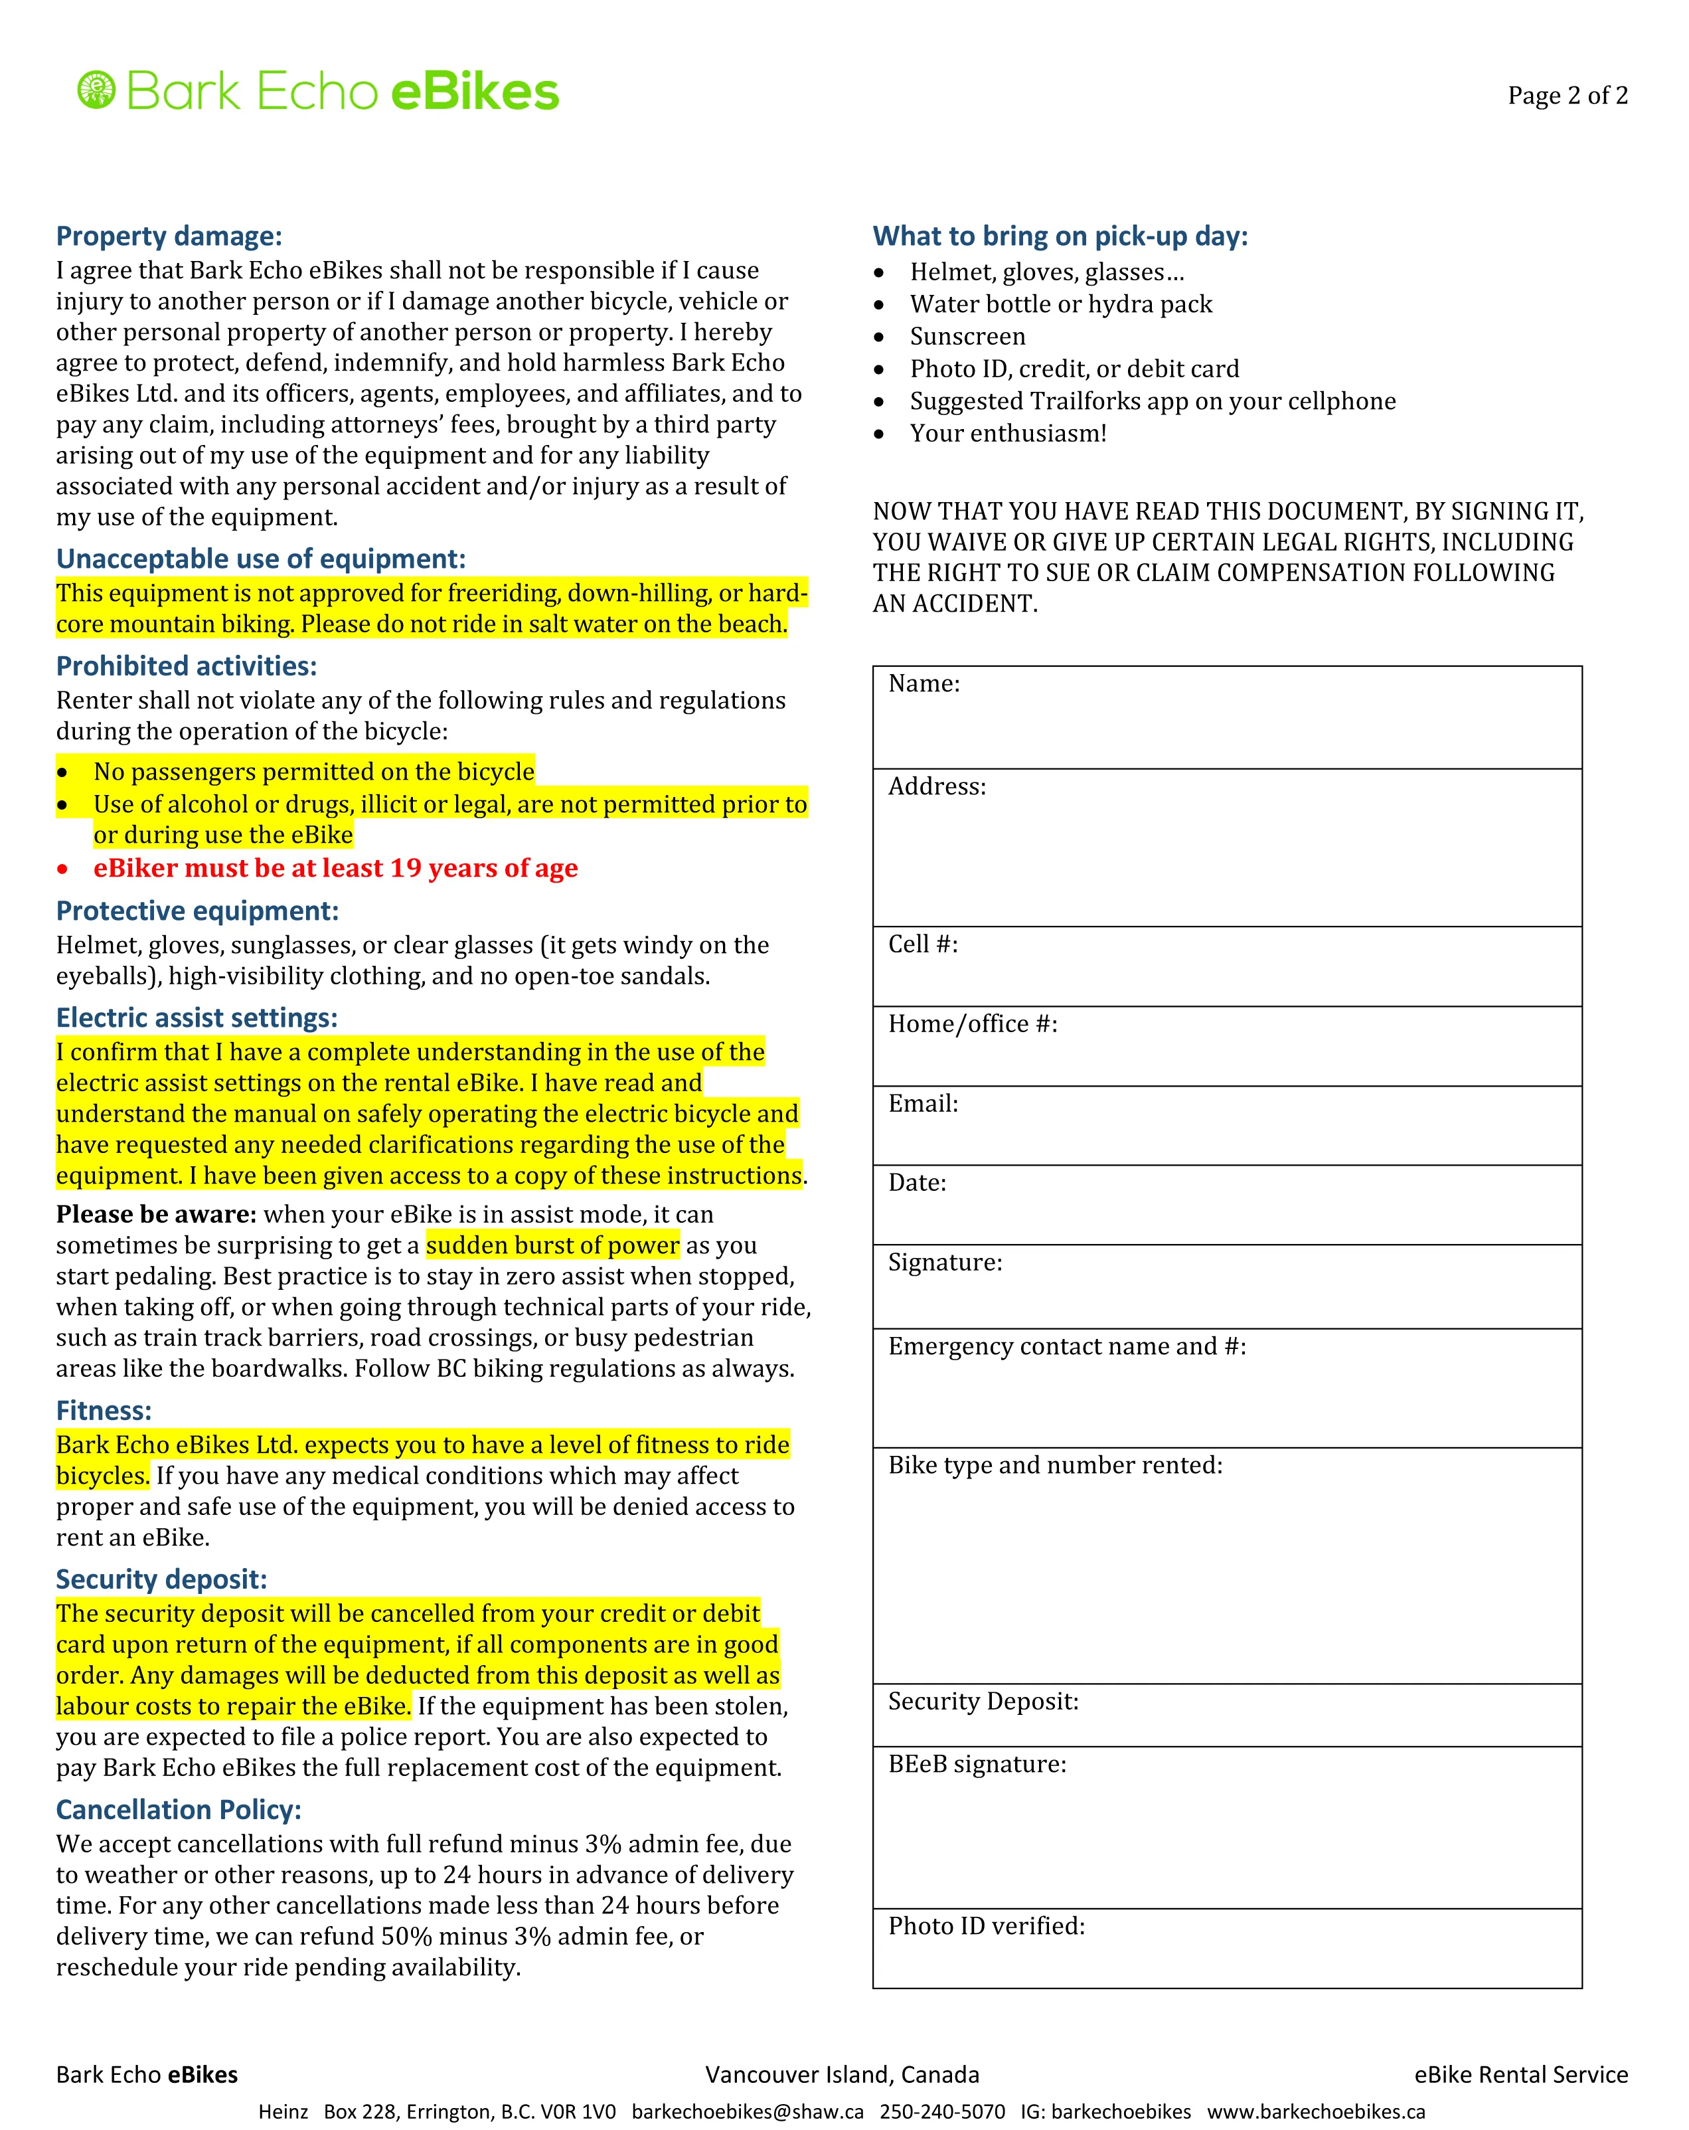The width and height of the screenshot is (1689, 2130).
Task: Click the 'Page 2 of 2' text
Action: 1567,96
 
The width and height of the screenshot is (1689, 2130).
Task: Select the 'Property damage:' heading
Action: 169,236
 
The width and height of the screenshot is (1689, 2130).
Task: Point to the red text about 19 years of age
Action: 336,868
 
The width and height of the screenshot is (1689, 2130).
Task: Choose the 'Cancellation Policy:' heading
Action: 179,1810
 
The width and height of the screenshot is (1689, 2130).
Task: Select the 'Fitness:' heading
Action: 104,1411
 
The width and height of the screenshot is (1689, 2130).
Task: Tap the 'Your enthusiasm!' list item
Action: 1007,434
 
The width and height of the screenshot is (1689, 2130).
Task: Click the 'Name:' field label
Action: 924,683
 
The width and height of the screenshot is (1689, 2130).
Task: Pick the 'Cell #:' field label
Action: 923,944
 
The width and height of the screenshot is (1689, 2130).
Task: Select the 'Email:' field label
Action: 923,1104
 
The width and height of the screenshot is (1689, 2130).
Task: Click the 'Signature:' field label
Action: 944,1263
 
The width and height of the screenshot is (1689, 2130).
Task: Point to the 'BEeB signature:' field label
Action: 977,1765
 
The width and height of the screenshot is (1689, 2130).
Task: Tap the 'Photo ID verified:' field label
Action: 986,1927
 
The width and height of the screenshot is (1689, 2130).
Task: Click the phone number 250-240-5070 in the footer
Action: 941,2112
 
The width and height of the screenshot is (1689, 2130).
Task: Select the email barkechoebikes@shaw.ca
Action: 747,2112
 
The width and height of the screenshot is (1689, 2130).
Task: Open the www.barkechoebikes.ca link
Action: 1316,2112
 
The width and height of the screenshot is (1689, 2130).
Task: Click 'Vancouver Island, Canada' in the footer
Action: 842,2075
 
